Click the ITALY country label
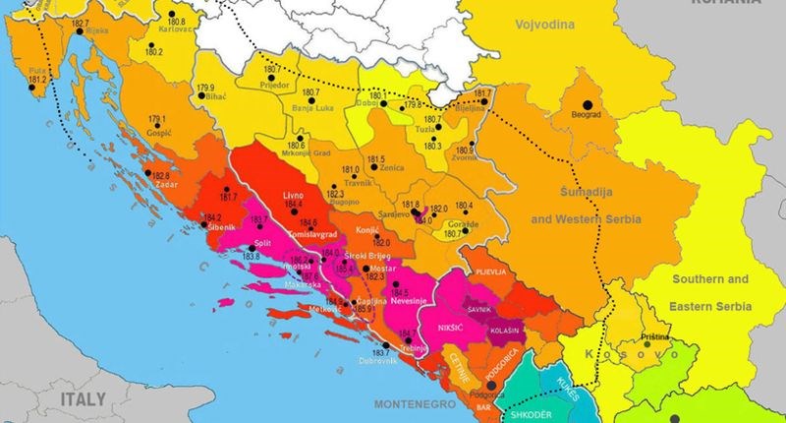tap(83, 400)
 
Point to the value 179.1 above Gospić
tap(157, 120)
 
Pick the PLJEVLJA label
tap(490, 270)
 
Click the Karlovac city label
tap(175, 30)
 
